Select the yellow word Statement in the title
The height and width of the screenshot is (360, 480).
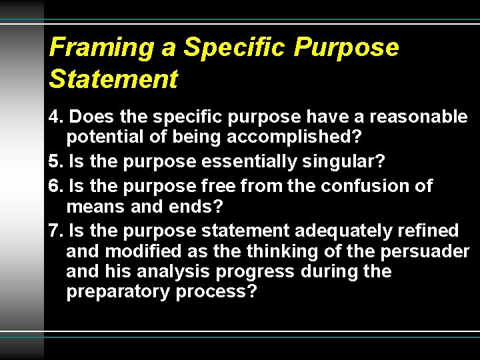(113, 79)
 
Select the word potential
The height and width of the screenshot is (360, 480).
(109, 138)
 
